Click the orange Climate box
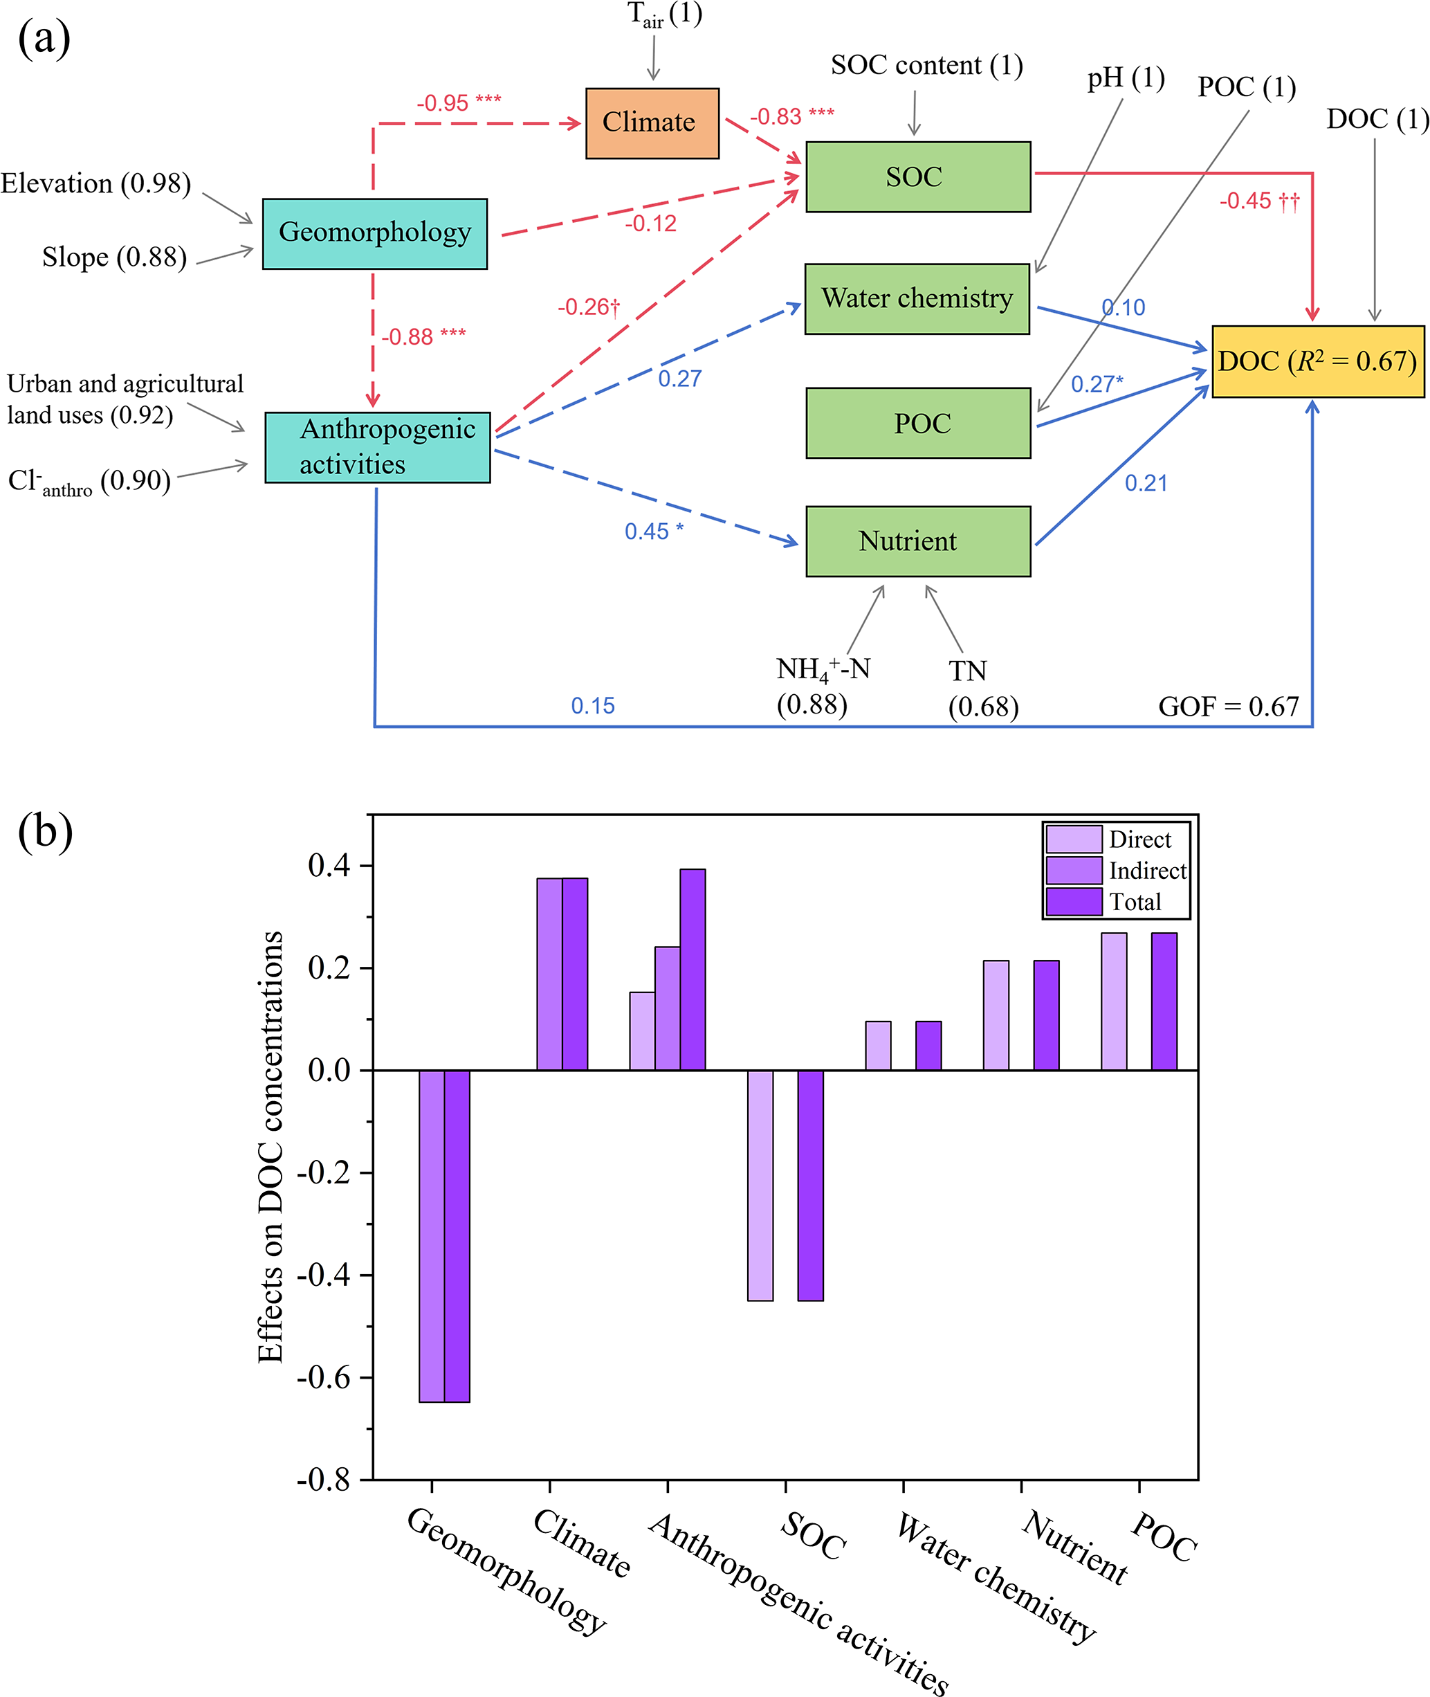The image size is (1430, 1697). click(652, 123)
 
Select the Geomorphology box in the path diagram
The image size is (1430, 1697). click(374, 233)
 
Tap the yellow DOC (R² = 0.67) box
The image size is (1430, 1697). click(1317, 361)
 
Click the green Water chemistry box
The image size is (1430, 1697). click(917, 299)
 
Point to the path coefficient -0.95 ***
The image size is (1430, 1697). click(459, 103)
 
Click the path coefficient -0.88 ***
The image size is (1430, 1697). click(423, 336)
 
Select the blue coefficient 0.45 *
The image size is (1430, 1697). click(653, 531)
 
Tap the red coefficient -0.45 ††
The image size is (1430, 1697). click(1259, 201)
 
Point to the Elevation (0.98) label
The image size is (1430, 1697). click(95, 184)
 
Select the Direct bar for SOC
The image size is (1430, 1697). click(760, 1185)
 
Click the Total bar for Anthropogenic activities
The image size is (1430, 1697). click(693, 970)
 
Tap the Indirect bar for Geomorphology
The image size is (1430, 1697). click(431, 1235)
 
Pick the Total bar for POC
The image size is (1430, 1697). click(1164, 1001)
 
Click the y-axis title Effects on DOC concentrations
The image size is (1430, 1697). click(270, 1147)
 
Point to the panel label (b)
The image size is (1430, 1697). click(46, 832)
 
